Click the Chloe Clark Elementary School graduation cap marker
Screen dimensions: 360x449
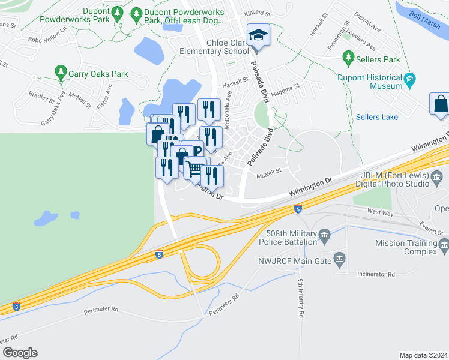(x=258, y=35)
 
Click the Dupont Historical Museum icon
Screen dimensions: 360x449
(x=410, y=79)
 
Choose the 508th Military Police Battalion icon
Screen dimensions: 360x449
(x=325, y=233)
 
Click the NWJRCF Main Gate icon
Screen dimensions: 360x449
(x=340, y=260)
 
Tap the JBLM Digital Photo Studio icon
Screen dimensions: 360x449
(x=437, y=175)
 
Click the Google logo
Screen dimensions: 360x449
(x=20, y=353)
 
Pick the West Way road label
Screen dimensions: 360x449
(x=380, y=212)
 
